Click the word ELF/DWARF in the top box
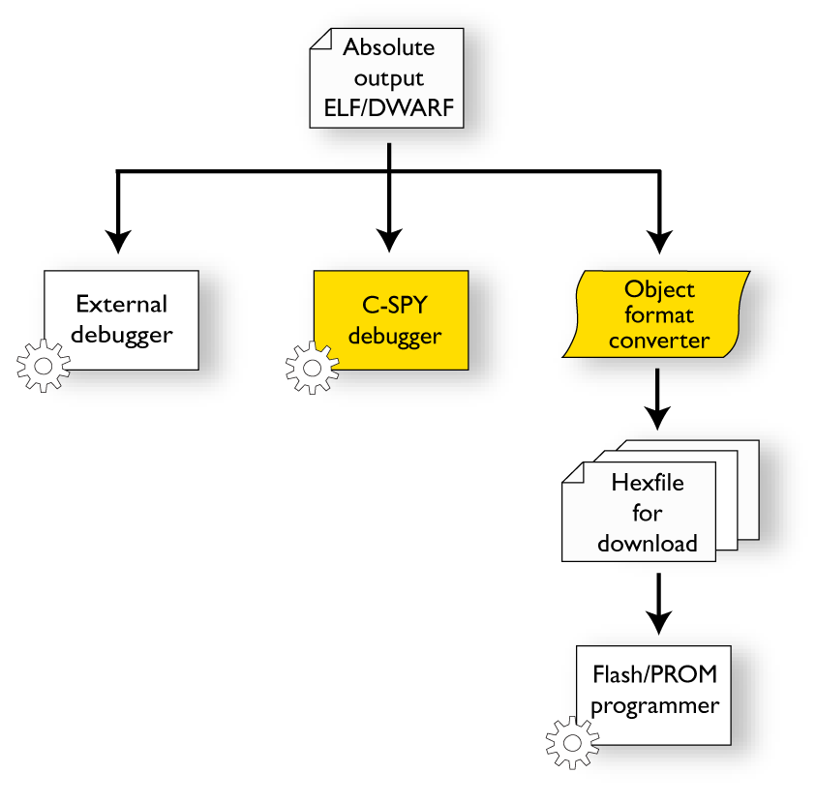[388, 106]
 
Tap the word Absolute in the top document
[389, 47]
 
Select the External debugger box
[122, 319]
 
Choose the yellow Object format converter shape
[659, 314]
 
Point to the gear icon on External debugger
[44, 366]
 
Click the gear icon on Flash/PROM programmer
[572, 743]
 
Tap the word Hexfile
[647, 483]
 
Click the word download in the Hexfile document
[647, 543]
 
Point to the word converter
[659, 341]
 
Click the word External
[122, 304]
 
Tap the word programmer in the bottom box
[654, 704]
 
